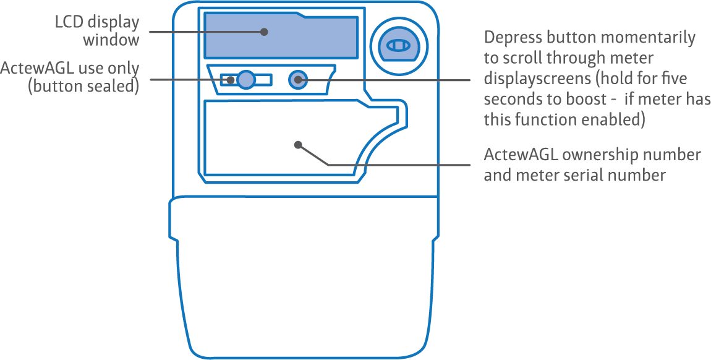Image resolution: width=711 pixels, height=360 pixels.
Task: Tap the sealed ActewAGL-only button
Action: [x=245, y=80]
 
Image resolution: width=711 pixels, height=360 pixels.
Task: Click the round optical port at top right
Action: [x=398, y=46]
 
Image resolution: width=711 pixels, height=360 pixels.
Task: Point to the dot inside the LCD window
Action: [x=264, y=32]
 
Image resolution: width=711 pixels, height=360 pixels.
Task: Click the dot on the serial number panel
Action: [x=298, y=145]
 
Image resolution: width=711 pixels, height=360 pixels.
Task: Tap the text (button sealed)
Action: [x=83, y=86]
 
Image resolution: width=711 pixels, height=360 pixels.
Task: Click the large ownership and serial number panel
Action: [x=278, y=139]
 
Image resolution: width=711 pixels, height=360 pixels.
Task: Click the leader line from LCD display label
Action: [x=198, y=32]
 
